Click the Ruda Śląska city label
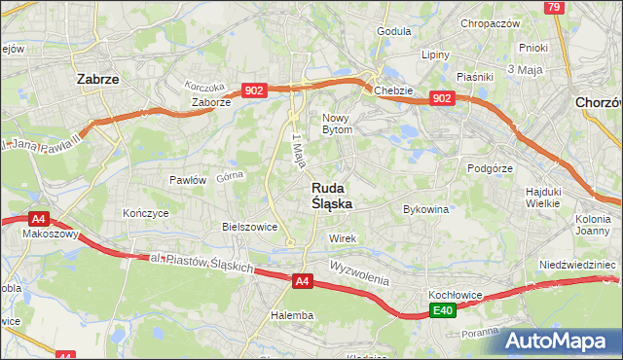[331, 196]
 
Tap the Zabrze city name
[97, 80]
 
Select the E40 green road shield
[443, 310]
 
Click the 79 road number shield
[554, 8]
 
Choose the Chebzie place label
[393, 90]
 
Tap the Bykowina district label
[425, 209]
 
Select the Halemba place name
[292, 315]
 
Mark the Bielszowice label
[250, 227]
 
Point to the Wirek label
[344, 238]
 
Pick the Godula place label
[393, 31]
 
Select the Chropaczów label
[491, 23]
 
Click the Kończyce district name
[146, 212]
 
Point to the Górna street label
[229, 177]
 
